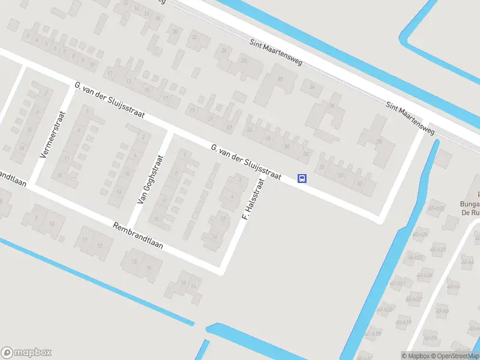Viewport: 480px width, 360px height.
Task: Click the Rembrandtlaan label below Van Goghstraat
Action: [138, 237]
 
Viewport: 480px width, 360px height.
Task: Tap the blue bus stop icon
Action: [302, 178]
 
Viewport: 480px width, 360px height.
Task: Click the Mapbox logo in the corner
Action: [26, 353]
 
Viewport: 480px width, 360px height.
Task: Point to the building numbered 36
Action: [331, 106]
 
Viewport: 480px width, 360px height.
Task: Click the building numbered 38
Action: [379, 142]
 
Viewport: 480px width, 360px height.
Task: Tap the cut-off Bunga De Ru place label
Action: [470, 207]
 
